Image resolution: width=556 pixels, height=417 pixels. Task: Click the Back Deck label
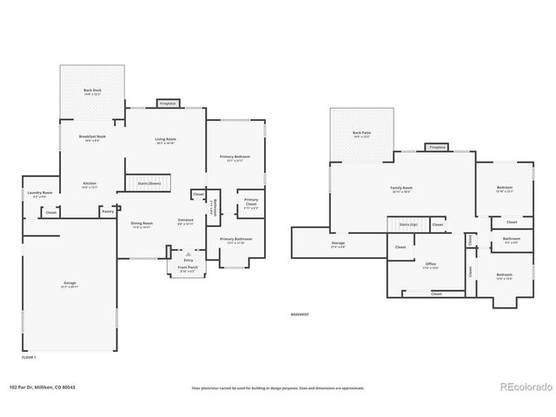point(91,90)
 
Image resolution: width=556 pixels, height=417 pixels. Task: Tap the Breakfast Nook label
point(92,138)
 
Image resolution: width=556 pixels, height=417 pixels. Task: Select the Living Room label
point(165,139)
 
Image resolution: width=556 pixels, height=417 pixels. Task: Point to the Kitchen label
point(89,184)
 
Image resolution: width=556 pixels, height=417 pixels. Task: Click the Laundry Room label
point(40,193)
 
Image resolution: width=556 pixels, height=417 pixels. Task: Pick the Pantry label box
point(108,210)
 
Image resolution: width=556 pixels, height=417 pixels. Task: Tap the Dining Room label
point(141,225)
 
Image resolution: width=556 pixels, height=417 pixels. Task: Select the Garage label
point(69,284)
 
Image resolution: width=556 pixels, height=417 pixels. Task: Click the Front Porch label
point(188,270)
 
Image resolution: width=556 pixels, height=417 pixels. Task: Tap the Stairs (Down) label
point(149,183)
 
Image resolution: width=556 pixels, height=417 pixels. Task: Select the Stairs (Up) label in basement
point(408,224)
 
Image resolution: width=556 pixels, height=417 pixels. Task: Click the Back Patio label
point(361,134)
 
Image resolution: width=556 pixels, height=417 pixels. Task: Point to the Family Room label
point(400,189)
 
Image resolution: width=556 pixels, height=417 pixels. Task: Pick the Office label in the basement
point(430,264)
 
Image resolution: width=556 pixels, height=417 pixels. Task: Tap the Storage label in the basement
point(338,244)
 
